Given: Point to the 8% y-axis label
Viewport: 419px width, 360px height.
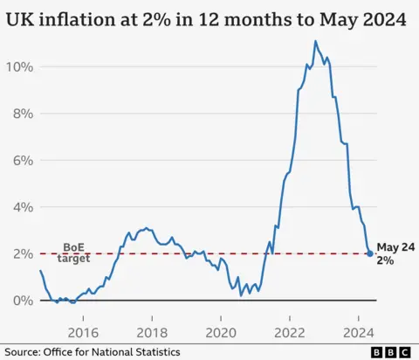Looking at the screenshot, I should tap(22, 114).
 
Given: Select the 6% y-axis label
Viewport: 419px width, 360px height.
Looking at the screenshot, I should tap(22, 161).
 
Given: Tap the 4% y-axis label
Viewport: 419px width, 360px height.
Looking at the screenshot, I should tap(22, 207).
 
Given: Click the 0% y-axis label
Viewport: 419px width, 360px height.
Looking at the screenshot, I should tap(22, 301).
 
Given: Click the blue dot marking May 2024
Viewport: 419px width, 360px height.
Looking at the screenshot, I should tap(370, 253).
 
